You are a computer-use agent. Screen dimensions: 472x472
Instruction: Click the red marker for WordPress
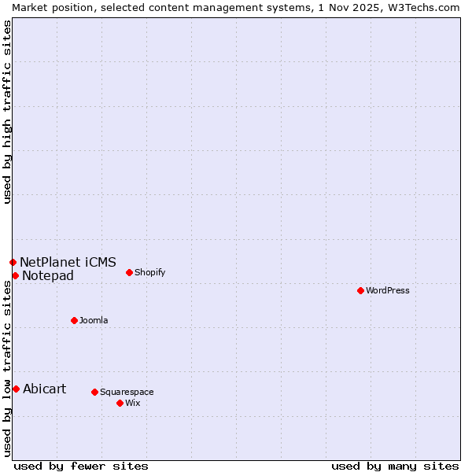360,290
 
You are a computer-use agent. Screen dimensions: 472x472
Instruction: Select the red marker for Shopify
129,272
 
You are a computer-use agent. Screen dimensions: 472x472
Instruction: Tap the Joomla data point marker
74,320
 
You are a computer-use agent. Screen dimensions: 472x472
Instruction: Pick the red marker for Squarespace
94,392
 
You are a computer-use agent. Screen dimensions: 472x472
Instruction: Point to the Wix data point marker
120,403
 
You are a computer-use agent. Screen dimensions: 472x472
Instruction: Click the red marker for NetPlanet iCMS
13,262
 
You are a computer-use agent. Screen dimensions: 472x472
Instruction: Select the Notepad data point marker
15,275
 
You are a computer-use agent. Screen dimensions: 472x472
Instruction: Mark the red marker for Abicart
16,389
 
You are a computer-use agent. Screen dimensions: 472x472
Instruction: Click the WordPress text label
388,290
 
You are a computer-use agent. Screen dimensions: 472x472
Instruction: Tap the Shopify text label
149,272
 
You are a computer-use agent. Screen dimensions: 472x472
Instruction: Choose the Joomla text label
94,320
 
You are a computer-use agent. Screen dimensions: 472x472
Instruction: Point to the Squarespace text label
127,392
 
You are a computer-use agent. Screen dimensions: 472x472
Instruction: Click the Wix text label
132,403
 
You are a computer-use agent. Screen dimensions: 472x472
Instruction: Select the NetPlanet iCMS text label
68,262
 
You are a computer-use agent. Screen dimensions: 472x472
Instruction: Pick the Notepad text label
48,275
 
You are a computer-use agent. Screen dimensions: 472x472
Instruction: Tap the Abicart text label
45,389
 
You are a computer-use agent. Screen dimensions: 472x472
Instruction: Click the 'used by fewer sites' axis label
81,466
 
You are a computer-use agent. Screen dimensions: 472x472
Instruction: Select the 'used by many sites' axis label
395,466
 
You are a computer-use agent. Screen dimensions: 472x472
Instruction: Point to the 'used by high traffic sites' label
7,112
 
